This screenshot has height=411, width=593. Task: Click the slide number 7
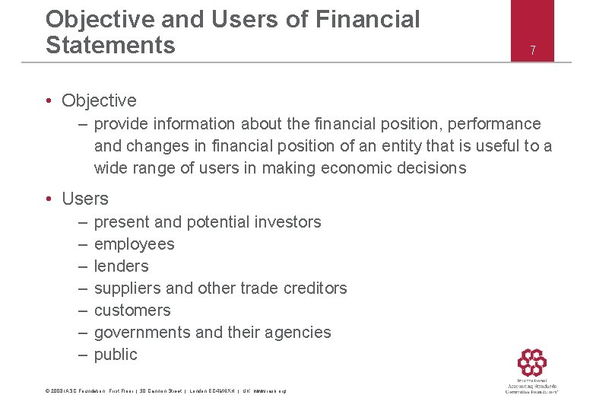[532, 51]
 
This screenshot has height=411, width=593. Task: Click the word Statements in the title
[110, 45]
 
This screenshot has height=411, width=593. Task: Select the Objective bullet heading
[99, 100]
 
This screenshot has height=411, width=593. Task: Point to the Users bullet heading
[85, 199]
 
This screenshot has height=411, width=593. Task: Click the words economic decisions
[402, 168]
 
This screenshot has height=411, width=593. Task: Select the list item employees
[134, 244]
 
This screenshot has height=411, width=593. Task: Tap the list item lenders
[121, 266]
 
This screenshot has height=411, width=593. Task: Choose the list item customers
[132, 311]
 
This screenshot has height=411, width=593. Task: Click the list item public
[116, 355]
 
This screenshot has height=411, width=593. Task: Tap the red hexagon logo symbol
[531, 362]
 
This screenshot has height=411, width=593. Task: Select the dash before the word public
[82, 355]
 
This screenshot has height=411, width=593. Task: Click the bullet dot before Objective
[48, 101]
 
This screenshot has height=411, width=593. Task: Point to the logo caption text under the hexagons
[531, 387]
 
